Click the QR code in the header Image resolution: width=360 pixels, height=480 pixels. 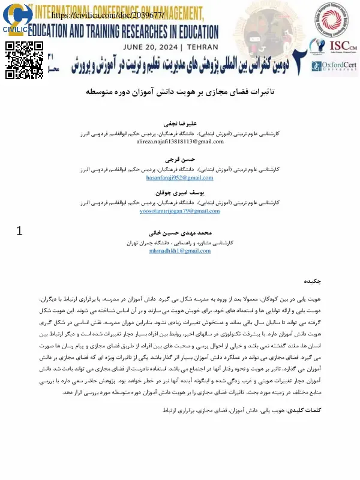click(25, 60)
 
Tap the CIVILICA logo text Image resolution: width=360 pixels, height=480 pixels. click(18, 29)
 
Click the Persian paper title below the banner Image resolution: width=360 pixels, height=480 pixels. click(180, 94)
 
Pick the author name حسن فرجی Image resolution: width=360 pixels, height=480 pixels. click(180, 161)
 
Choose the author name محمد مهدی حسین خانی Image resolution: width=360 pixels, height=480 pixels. click(180, 232)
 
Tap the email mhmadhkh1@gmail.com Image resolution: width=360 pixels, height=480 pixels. click(180, 251)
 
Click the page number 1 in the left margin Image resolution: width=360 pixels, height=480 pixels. click(20, 231)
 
